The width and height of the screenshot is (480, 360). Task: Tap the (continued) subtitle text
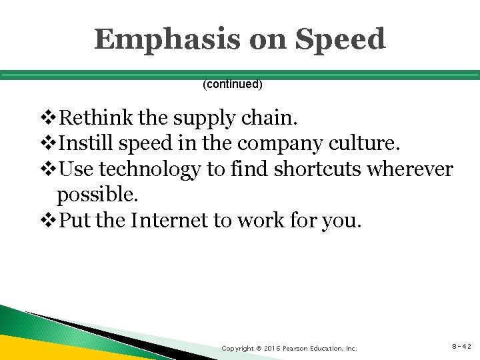point(233,85)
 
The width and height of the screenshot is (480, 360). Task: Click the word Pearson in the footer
point(299,348)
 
